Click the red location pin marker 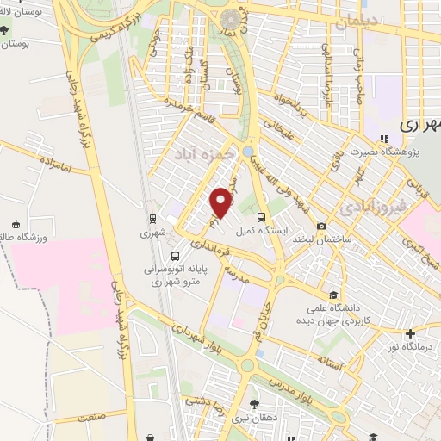coord(222,202)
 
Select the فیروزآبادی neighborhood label coord(368,207)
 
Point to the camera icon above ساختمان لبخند coord(321,227)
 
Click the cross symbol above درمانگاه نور coord(410,333)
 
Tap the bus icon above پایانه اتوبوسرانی coord(175,256)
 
